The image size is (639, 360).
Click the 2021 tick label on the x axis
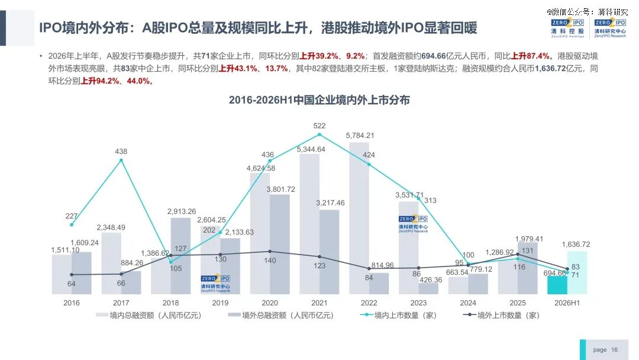tap(319, 303)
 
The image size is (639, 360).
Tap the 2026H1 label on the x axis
tap(567, 303)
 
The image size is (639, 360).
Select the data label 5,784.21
tap(360, 136)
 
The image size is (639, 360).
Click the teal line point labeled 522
tap(319, 134)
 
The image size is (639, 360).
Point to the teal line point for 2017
tap(121, 160)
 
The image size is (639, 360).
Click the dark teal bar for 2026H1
tap(557, 285)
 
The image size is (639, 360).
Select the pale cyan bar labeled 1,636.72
tap(577, 273)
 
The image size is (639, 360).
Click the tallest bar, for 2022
tap(359, 218)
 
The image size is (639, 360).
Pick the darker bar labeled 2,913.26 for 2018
tap(180, 256)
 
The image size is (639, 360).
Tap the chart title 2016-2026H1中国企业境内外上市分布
tap(319, 100)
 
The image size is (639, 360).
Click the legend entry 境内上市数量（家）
tap(399, 315)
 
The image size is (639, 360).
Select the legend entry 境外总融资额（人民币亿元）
tap(281, 315)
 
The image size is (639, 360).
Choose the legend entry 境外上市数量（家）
tap(501, 315)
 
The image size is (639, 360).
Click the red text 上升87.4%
tap(530, 56)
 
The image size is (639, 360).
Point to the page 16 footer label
tap(605, 350)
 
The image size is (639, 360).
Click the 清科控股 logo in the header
tap(567, 28)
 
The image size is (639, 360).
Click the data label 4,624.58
tap(261, 168)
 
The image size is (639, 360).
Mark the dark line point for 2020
tap(270, 252)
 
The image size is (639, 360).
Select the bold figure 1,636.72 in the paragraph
tap(550, 69)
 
